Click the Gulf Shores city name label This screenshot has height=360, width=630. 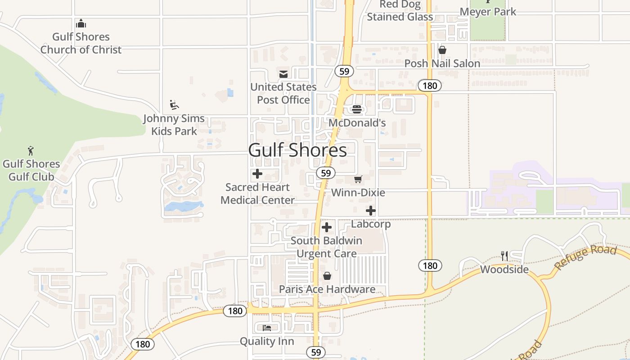[x=297, y=150]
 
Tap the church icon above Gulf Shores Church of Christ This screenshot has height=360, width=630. [x=81, y=23]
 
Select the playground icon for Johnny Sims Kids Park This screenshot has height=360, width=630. [x=174, y=105]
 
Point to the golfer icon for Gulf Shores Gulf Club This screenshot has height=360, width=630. [x=31, y=151]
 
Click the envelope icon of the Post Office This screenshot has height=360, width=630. [x=283, y=74]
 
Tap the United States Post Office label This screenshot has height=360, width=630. [x=283, y=93]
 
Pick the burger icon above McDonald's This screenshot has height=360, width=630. [x=357, y=109]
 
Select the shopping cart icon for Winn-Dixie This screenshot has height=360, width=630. [x=358, y=180]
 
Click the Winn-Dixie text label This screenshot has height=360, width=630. [x=358, y=193]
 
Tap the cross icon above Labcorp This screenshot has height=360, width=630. [x=371, y=211]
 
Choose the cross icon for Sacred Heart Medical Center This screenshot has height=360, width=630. [x=257, y=174]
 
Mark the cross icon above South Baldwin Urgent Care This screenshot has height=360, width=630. [x=327, y=227]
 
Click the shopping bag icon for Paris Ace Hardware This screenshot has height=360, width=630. [x=327, y=276]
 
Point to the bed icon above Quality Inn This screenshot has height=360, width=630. [x=267, y=328]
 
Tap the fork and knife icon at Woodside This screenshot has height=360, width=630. [x=504, y=256]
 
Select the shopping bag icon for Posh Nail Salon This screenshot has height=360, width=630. [x=442, y=50]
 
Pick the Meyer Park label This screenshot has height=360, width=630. [x=488, y=12]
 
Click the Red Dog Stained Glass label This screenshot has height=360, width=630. [x=400, y=11]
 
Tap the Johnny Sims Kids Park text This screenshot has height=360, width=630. [x=174, y=125]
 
